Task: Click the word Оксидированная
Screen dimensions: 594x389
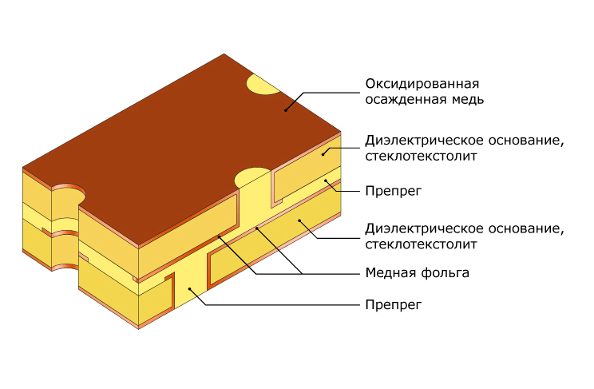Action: [x=422, y=84]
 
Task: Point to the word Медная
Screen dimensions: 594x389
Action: [x=390, y=272]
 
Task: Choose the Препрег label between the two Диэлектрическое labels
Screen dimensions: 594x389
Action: [x=394, y=191]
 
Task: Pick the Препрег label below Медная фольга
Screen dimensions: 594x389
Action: [x=394, y=305]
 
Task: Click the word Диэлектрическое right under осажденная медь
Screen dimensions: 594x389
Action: [x=424, y=141]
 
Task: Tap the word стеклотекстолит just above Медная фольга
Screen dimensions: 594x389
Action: [x=421, y=244]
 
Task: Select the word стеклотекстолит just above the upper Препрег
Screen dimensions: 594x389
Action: [x=421, y=157]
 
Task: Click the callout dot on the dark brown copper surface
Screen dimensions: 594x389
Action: [x=286, y=110]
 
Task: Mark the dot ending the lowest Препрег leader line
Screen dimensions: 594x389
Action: [x=190, y=289]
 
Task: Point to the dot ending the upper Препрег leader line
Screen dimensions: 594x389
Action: [x=326, y=181]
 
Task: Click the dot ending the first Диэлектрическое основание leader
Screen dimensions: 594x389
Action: [x=323, y=154]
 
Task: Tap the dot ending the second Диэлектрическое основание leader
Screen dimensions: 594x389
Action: [x=299, y=220]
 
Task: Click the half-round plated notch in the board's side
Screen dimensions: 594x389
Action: [x=65, y=228]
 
